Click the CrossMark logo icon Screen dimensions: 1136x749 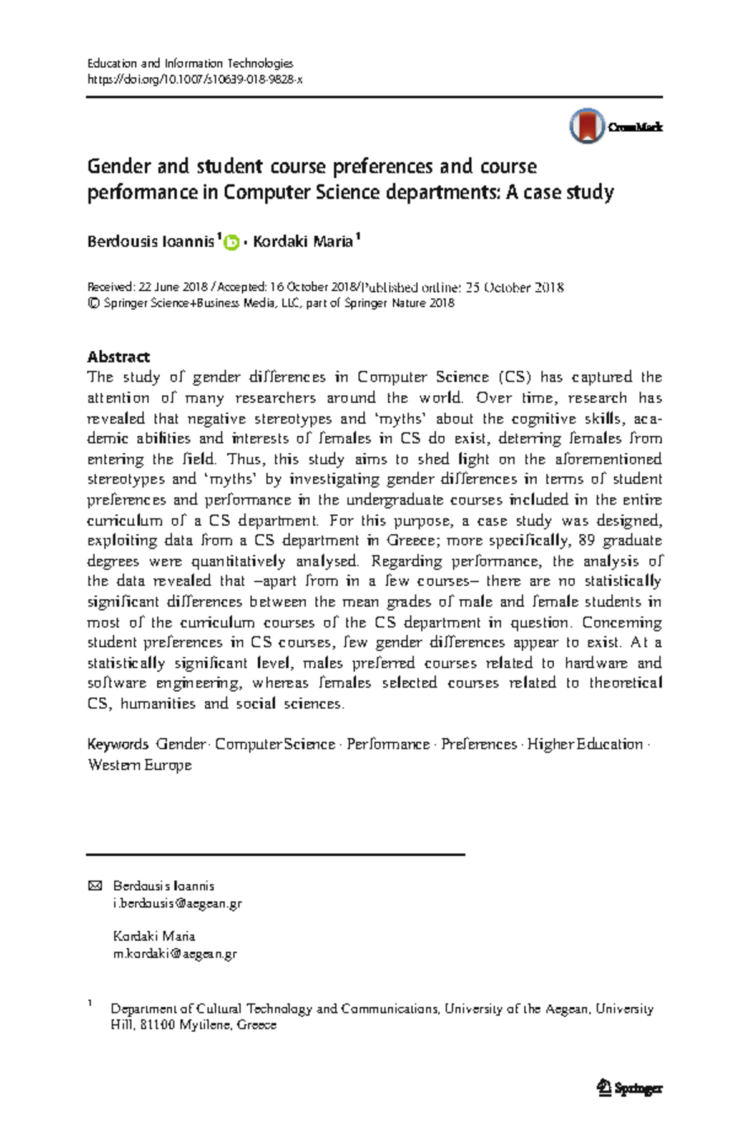coord(587,126)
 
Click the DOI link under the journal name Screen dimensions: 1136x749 coord(194,79)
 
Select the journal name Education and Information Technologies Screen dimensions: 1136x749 coord(190,63)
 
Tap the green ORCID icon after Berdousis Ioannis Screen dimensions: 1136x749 coord(232,242)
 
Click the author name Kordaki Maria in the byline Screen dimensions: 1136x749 coord(303,242)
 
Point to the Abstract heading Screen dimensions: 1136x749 coord(119,356)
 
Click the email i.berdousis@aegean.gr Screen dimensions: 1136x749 coord(177,903)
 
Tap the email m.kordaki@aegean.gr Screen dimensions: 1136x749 coord(175,953)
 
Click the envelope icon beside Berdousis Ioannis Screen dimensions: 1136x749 coord(95,886)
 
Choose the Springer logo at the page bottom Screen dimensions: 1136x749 coord(629,1088)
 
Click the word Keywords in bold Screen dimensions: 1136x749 coord(117,744)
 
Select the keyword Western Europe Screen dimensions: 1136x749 coord(140,765)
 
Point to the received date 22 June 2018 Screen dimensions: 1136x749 coord(173,287)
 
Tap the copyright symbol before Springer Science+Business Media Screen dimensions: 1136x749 coord(94,303)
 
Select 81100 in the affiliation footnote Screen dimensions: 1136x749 coord(157,1024)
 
